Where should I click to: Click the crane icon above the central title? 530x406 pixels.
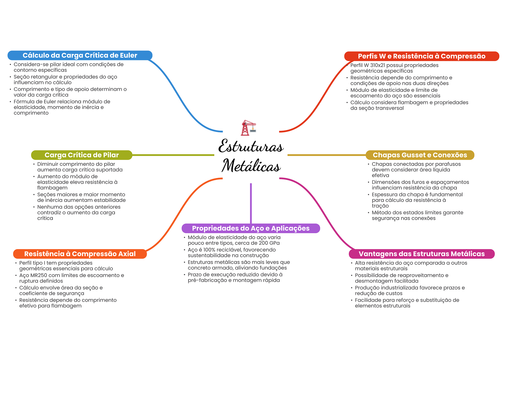tap(248, 128)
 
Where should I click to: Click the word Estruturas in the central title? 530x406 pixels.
tap(251, 146)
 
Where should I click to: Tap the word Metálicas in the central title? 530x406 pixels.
tap(251, 166)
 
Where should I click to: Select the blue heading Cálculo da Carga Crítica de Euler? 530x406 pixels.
tap(80, 55)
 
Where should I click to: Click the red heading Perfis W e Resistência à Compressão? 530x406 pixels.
tap(422, 56)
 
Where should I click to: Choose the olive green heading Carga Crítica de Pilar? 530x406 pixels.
tap(82, 155)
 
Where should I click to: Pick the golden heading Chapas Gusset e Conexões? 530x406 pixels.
tap(420, 155)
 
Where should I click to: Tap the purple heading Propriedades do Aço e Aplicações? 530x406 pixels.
tap(251, 228)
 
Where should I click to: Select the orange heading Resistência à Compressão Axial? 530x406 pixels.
tap(80, 254)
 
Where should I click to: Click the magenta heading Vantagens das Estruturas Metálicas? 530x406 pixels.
tap(422, 254)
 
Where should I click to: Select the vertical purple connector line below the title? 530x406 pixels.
tap(251, 203)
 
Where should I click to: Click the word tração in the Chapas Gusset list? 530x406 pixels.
tap(380, 206)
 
